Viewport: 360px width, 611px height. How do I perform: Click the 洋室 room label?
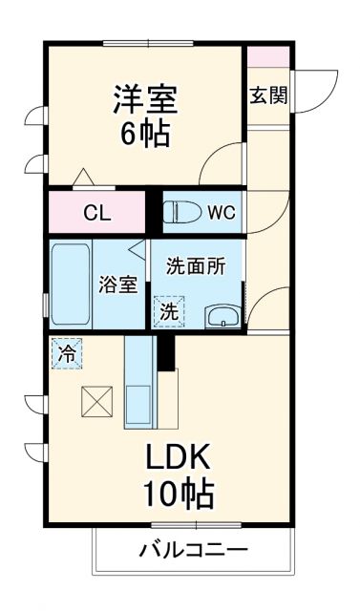(145, 99)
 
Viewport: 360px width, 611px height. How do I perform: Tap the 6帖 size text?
(145, 134)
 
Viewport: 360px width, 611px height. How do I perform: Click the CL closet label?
(96, 213)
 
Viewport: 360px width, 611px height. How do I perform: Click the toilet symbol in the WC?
(181, 212)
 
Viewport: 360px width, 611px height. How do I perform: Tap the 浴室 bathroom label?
(119, 284)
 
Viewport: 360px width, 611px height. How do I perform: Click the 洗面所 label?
(196, 266)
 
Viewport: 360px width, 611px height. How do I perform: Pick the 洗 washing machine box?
(168, 310)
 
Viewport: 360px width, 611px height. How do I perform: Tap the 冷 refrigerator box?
(67, 353)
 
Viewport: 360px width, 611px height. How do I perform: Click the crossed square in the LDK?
(96, 401)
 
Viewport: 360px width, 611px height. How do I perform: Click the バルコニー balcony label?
(194, 551)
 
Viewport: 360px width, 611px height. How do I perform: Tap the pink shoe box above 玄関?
(268, 55)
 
